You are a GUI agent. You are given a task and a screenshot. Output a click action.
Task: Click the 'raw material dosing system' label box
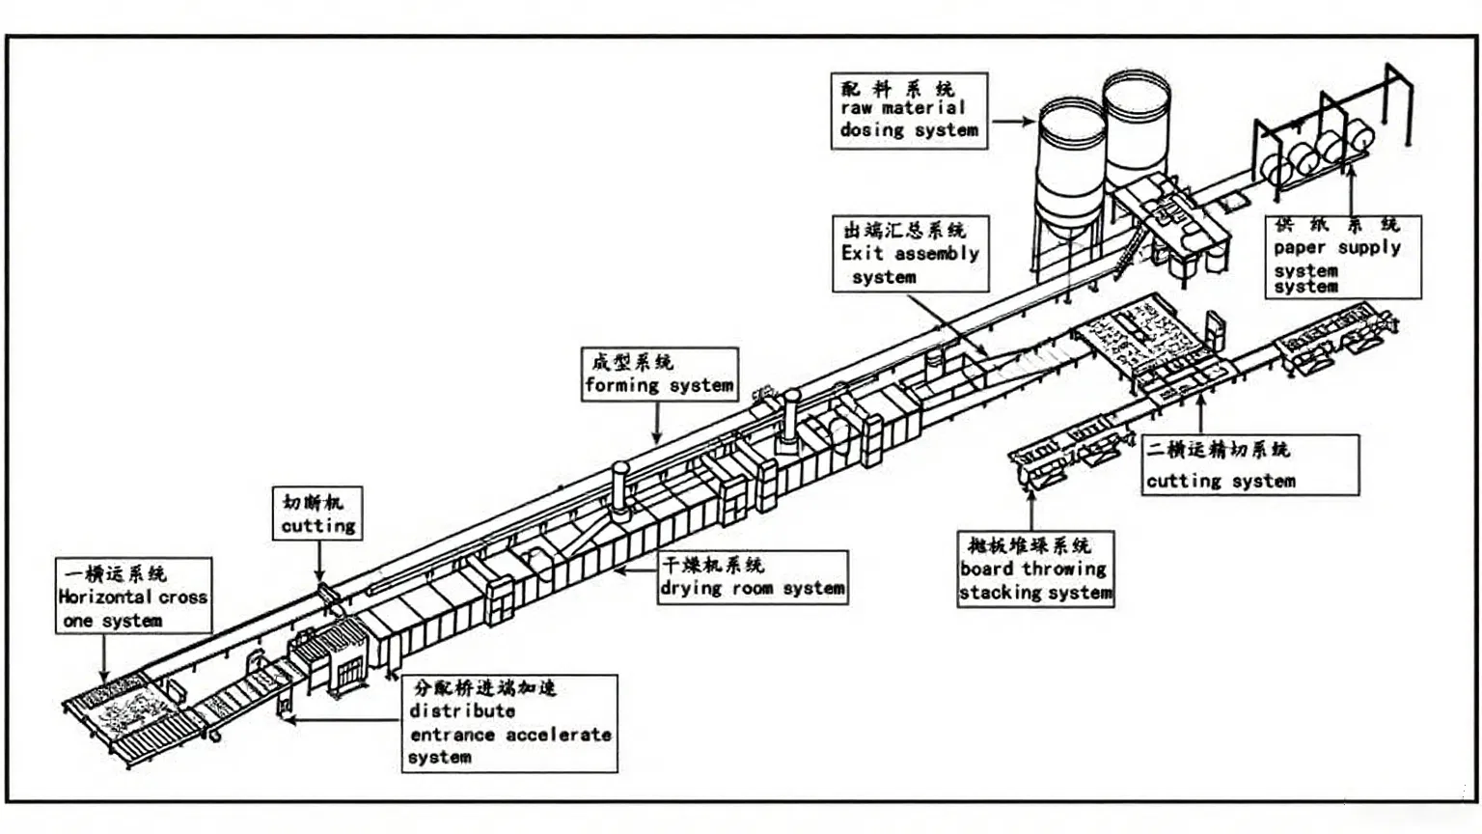909,111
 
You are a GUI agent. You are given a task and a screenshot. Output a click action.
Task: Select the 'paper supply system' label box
1342,257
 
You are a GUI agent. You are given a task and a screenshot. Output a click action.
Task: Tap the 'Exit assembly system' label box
910,254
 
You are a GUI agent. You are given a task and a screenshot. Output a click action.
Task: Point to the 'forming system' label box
660,375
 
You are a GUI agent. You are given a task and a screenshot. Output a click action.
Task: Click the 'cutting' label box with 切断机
317,514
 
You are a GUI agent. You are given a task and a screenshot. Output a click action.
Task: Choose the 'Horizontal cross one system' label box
133,596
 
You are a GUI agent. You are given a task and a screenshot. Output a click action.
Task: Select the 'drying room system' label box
753,577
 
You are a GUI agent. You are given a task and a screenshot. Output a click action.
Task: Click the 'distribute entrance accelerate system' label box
509,723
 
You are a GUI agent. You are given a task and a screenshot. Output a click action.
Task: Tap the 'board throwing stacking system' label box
1035,570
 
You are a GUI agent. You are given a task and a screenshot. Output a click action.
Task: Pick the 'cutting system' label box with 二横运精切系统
1249,465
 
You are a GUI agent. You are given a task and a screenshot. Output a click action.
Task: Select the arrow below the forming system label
657,423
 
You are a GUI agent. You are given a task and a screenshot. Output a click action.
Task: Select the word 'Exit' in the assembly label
861,254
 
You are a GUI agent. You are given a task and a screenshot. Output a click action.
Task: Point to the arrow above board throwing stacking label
1031,508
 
